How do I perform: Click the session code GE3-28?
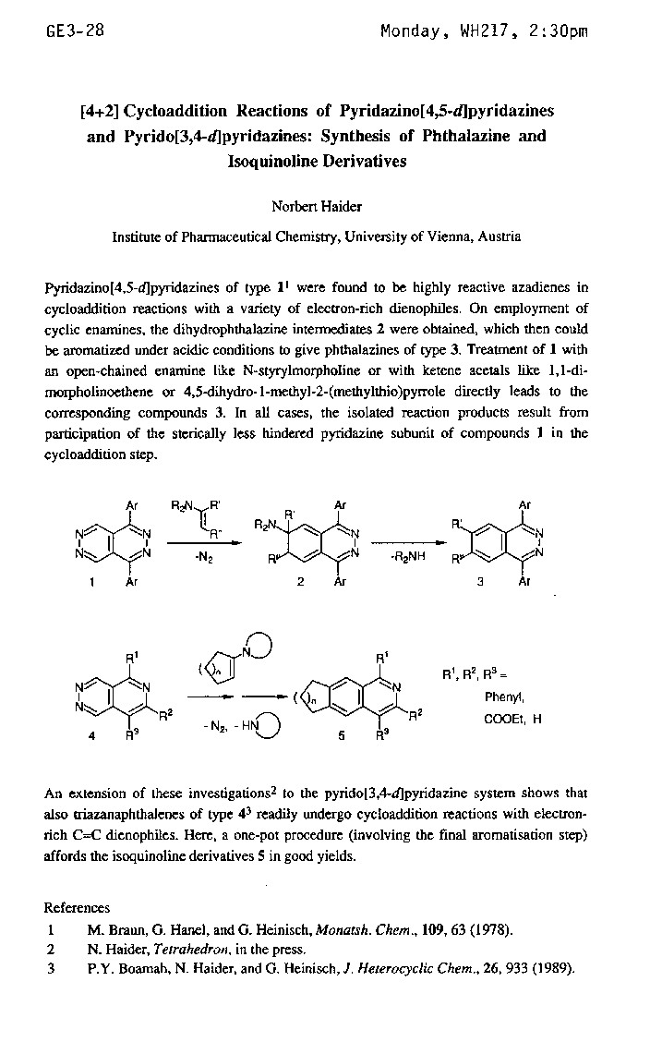click(75, 30)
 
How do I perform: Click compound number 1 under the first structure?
click(92, 583)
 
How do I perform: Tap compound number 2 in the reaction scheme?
click(300, 583)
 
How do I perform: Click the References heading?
click(77, 908)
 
